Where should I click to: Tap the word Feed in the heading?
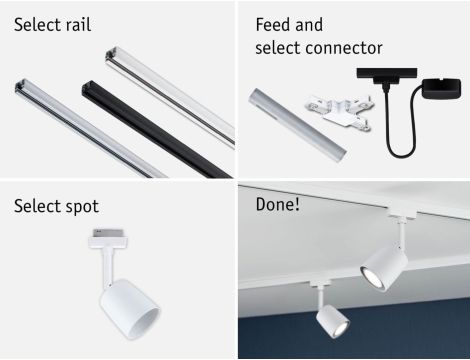(x=274, y=25)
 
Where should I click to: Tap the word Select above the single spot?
(x=37, y=207)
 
